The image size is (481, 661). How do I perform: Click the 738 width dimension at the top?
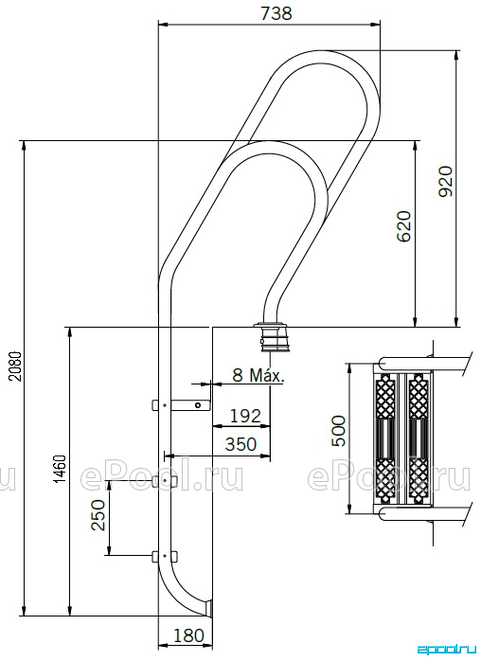click(x=276, y=13)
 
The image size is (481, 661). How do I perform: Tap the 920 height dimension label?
click(x=445, y=181)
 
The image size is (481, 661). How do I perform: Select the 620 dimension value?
click(x=404, y=226)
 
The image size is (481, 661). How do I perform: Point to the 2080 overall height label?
click(x=15, y=366)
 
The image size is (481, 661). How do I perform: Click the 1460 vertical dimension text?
click(x=61, y=469)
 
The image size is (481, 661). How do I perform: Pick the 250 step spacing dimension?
click(x=98, y=515)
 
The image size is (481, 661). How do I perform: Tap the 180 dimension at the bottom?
click(x=188, y=634)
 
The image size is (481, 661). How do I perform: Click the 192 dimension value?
click(x=245, y=416)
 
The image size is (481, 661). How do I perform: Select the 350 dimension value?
click(x=240, y=444)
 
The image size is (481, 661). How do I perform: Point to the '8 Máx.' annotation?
click(x=258, y=375)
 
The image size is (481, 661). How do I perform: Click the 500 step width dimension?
click(x=338, y=431)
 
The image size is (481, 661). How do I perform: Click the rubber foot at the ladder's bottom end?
click(x=208, y=607)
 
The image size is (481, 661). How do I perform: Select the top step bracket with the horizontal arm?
click(x=181, y=405)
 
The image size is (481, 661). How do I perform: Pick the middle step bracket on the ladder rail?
click(x=165, y=480)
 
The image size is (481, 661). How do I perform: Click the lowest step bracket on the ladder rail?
click(x=165, y=556)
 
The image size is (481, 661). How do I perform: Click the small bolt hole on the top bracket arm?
click(x=198, y=405)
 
